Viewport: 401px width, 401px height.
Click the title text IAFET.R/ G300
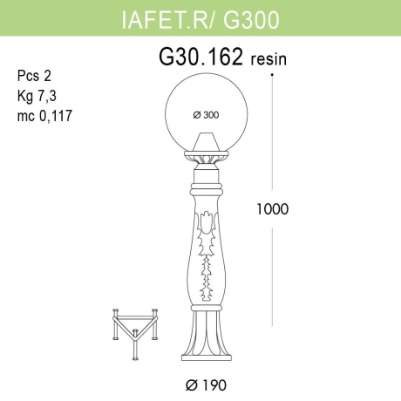click(200, 17)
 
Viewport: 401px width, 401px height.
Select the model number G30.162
click(200, 58)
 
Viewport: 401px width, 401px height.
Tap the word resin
click(268, 60)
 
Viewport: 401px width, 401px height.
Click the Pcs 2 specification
click(32, 76)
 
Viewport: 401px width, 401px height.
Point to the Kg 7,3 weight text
click(34, 92)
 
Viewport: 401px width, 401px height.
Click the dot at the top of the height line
click(273, 76)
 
